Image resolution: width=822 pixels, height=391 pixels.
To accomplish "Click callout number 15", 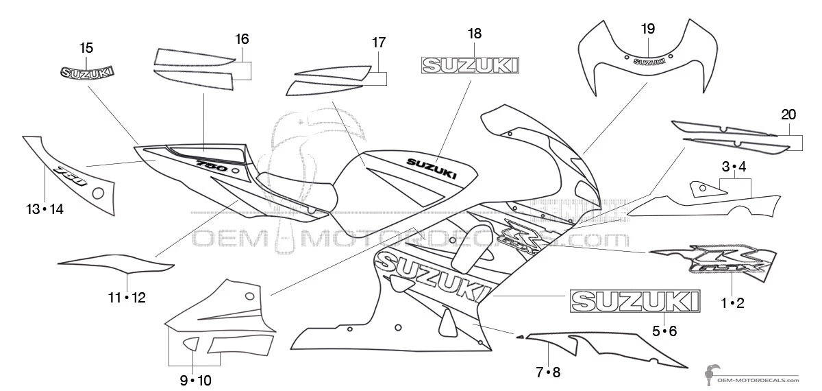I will [86, 48].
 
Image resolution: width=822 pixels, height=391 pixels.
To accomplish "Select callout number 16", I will [242, 38].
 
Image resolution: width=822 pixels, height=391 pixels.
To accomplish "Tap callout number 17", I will [379, 42].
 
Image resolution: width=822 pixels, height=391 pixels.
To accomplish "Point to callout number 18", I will [475, 33].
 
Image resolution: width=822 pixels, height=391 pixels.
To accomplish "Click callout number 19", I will [648, 29].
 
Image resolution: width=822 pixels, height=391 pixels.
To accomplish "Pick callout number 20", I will [788, 114].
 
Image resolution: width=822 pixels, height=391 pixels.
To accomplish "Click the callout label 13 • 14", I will [45, 209].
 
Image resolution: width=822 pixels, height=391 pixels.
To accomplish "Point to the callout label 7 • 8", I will [548, 372].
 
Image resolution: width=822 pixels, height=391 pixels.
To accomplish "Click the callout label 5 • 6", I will [664, 331].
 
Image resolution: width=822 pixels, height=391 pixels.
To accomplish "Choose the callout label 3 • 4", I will [733, 167].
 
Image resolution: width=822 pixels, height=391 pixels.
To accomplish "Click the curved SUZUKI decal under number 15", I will [88, 72].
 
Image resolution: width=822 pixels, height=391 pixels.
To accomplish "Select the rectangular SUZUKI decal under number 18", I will [470, 65].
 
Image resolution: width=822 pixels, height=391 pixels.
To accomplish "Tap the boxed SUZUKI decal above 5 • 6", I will [636, 301].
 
